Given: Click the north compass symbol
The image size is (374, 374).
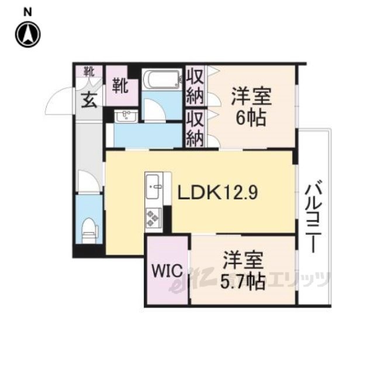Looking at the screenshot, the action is [28, 34].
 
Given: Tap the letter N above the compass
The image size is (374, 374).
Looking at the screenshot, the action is [28, 12].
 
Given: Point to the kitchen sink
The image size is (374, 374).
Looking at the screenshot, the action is [153, 186].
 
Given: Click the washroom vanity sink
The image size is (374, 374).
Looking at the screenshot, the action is [126, 116].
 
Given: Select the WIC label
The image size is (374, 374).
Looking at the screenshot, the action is [167, 271].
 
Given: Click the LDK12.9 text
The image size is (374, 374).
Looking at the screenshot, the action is [217, 192].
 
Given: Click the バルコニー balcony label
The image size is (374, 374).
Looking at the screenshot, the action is [314, 218].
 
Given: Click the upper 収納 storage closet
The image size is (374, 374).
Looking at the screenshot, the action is [195, 86].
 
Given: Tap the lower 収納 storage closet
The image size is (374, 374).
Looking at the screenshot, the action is [195, 129].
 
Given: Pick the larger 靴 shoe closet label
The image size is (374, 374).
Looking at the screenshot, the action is [121, 86].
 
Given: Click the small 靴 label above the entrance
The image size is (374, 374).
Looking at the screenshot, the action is [89, 71].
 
